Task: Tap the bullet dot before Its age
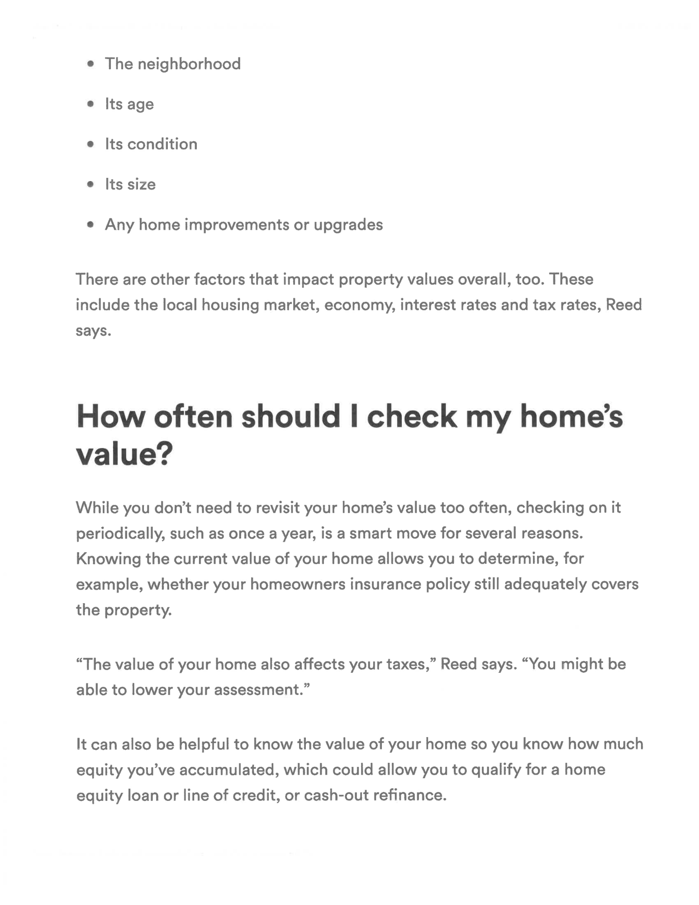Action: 91,104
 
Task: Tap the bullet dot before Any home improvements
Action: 91,224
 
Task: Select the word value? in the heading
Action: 124,454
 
